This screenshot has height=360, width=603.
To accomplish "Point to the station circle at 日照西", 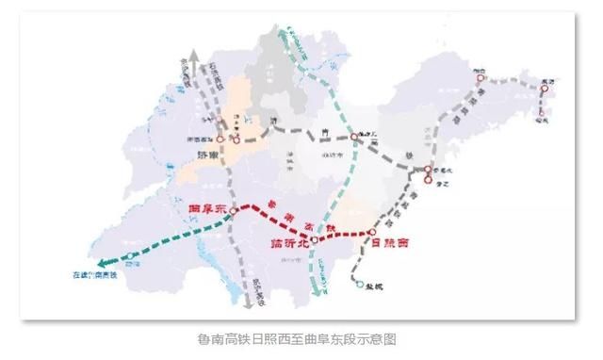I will click(x=372, y=231).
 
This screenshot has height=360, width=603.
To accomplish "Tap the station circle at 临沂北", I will click(x=315, y=241).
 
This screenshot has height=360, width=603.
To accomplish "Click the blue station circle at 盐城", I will click(x=359, y=283).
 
